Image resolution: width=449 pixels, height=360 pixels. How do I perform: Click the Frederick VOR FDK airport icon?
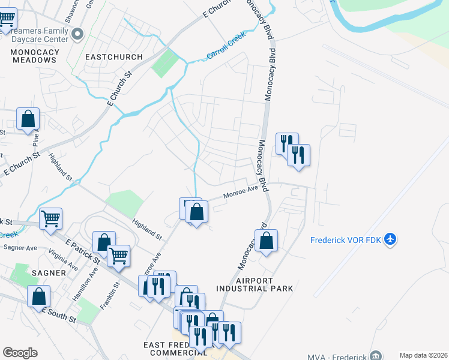click(391, 240)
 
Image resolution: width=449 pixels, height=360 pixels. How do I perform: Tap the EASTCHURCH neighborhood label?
click(114, 57)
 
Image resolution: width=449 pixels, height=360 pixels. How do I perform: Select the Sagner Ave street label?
click(20, 247)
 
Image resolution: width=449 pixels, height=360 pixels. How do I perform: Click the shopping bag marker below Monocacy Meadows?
click(28, 119)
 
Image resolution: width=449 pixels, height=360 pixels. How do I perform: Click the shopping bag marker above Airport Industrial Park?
click(267, 241)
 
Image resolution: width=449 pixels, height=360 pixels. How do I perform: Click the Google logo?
click(20, 353)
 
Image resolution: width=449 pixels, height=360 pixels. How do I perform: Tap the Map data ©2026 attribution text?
click(423, 355)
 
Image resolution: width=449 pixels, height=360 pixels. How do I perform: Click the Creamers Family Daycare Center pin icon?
click(77, 35)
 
